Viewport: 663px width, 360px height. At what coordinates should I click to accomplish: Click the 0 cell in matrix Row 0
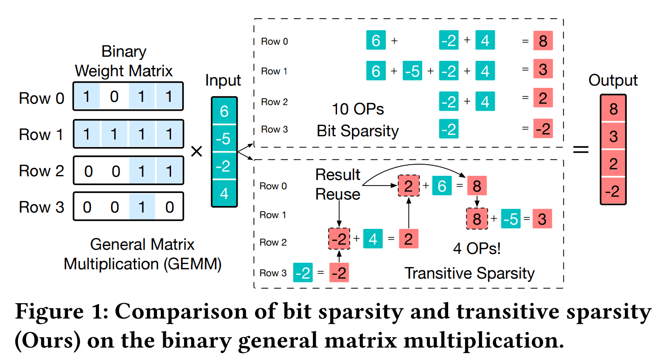point(114,97)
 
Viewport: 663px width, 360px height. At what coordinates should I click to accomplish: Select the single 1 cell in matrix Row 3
point(142,207)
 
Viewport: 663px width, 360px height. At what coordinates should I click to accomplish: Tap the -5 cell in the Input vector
point(224,139)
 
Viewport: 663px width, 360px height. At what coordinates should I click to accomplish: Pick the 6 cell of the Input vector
point(224,111)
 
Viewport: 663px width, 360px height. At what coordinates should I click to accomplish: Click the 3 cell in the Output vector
point(613,136)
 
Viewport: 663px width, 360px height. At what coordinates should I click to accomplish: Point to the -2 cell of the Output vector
point(613,191)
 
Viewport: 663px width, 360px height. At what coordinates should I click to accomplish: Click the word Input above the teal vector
point(223,80)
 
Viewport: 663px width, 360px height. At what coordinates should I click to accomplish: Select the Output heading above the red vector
point(613,80)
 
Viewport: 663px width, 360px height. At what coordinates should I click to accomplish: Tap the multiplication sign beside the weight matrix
point(197,151)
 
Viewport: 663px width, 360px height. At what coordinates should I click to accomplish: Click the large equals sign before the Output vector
point(580,150)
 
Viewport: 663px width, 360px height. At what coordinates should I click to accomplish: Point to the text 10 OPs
point(358,109)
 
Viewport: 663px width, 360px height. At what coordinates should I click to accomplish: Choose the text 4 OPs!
point(477,249)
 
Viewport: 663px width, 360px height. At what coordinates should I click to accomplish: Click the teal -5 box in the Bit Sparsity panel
point(412,72)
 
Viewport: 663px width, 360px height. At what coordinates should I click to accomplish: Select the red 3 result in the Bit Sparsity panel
point(543,70)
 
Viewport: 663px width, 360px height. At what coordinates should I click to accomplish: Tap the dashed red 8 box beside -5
point(477,219)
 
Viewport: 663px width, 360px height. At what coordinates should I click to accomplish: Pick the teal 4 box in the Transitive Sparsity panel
point(372,239)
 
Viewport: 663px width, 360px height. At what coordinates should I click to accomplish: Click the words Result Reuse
point(338,184)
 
